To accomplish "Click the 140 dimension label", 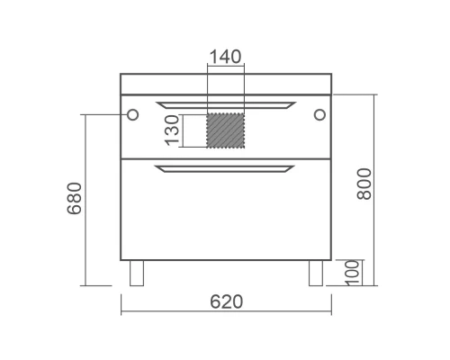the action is [x=225, y=57].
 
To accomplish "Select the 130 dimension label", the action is [x=172, y=130].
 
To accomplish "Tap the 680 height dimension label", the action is [x=74, y=198].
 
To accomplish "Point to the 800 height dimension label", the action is [x=364, y=184].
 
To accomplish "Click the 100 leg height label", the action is [x=352, y=273].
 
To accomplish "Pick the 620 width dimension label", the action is [x=226, y=301].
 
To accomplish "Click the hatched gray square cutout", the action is [x=226, y=130].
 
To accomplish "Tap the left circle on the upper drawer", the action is [x=132, y=114].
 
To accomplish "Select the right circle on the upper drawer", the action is [x=319, y=114].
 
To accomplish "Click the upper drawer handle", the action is [x=226, y=105].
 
